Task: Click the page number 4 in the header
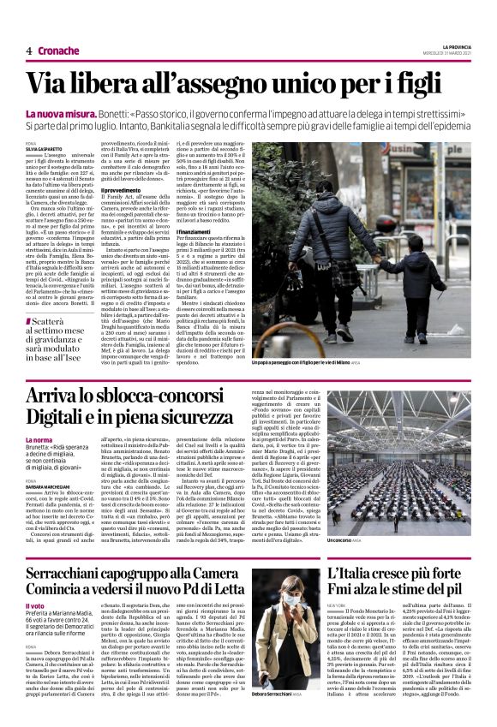coord(28,50)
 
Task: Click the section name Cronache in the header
coord(58,50)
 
